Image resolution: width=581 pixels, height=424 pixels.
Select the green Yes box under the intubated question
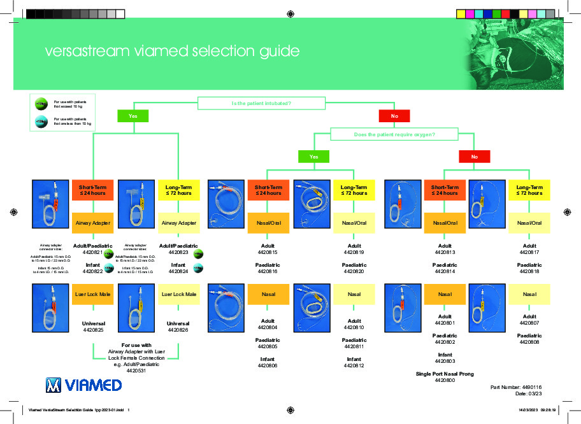[x=133, y=116]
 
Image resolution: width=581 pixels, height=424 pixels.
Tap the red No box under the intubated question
[x=394, y=116]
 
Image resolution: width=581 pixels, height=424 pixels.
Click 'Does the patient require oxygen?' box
[x=394, y=134]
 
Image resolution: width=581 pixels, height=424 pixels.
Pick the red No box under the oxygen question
[x=474, y=156]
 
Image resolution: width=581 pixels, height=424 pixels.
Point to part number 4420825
[x=93, y=330]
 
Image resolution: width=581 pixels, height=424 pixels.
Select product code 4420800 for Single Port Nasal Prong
[x=445, y=380]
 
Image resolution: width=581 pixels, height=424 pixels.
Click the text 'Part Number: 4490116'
[x=515, y=386]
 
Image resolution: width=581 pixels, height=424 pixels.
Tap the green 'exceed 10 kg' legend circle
[x=40, y=104]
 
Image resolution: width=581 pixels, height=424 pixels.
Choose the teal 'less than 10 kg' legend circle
[x=40, y=121]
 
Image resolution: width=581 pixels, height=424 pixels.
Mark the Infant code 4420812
[x=354, y=365]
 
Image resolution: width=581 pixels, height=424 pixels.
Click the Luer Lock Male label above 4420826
[x=179, y=294]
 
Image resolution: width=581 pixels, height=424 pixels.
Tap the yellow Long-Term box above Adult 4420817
[x=529, y=190]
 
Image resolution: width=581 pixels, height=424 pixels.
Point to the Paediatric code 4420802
[x=445, y=343]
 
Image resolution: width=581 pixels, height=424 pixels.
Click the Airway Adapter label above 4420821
[x=93, y=223]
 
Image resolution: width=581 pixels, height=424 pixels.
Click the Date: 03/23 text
[x=526, y=393]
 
